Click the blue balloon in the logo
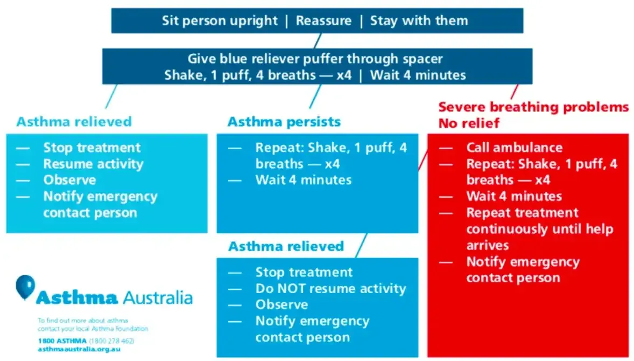coord(25,285)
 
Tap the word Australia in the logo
coord(157,297)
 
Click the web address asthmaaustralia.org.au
coord(79,349)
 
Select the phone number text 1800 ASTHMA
coord(58,341)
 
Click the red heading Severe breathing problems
coord(533,107)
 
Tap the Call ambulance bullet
coord(514,148)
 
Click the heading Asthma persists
coord(284,122)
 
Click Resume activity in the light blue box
coord(93,164)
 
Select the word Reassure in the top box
coord(323,21)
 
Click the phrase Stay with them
coord(419,21)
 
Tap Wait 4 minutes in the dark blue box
coord(418,75)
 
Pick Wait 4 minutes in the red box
coord(514,196)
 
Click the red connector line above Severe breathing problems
coord(514,91)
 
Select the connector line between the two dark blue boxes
coord(318,40)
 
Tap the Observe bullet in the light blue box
coord(69,180)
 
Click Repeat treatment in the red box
coord(522,213)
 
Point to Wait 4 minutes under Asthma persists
coord(303,180)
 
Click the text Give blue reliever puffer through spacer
coord(315,59)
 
